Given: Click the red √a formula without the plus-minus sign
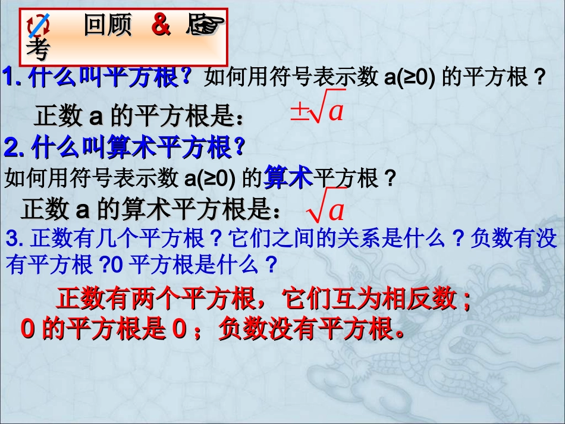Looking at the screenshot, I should [326, 209].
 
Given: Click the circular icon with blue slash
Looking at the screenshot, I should [39, 26].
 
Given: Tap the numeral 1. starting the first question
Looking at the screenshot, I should [13, 77].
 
